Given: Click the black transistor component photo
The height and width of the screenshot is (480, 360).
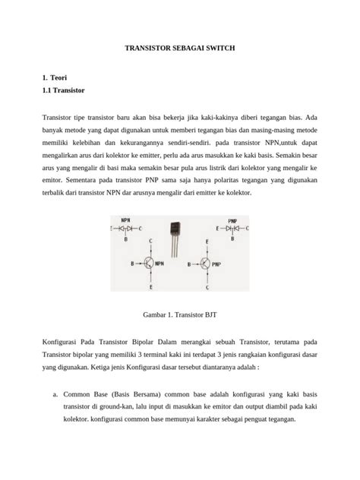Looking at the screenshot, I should click(x=176, y=231).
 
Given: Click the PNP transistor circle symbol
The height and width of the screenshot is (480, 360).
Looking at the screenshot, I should click(x=210, y=264).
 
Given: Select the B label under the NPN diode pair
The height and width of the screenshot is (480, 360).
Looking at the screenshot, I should click(x=126, y=238).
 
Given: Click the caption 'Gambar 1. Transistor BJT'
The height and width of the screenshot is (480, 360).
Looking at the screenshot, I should click(x=179, y=314).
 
